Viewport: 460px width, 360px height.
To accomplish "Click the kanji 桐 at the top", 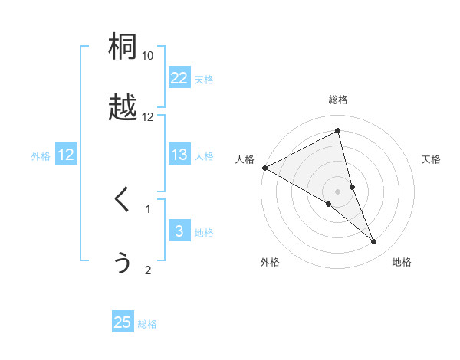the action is pos(123,47).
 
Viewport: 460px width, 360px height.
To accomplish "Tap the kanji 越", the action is pos(123,109).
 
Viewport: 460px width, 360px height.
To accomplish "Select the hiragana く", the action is pos(123,200).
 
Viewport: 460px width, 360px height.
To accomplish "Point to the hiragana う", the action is pos(123,262).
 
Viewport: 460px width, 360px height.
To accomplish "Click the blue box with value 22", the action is pos(179,78).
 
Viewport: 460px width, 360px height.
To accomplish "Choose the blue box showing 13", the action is pos(179,155).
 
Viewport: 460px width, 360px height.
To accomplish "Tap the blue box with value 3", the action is pos(179,232).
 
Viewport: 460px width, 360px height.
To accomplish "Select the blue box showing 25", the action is pos(123,322).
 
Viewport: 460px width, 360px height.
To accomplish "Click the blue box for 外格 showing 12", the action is pos(66,155).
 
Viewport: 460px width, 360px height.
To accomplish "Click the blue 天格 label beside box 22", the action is pos(204,80).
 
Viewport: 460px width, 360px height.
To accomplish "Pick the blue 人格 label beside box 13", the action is pos(204,156).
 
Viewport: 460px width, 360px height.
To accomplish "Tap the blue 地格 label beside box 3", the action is pos(204,233).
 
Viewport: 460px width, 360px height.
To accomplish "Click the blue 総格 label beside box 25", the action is pos(147,324).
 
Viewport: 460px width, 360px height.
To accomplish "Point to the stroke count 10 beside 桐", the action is pos(148,56).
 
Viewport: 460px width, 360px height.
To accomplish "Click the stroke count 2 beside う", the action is pos(148,270).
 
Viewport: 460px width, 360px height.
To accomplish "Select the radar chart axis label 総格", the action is pos(338,100).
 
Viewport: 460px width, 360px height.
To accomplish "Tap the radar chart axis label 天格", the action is pos(432,159).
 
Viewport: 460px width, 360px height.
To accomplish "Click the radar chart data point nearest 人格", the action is pos(264,168).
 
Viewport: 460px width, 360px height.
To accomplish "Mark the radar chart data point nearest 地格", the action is pos(374,242).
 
